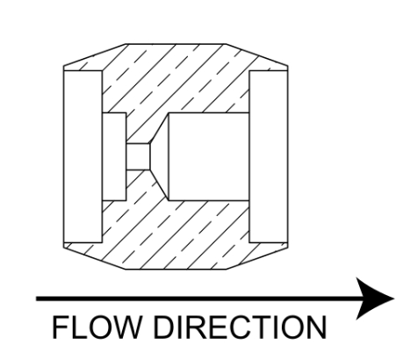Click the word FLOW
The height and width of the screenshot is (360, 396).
click(96, 327)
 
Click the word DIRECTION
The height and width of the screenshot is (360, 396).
click(240, 327)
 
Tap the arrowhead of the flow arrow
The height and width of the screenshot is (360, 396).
click(375, 299)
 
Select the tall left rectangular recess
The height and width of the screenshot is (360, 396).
click(83, 156)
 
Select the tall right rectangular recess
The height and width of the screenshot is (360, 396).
click(269, 156)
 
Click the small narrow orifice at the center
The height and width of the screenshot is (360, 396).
click(138, 156)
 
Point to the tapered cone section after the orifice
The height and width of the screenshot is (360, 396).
click(160, 156)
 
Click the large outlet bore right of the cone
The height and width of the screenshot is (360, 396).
click(209, 156)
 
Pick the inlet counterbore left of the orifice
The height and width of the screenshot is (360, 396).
click(114, 156)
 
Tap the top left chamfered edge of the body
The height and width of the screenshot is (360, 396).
click(95, 54)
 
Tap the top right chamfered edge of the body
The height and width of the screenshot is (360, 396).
click(256, 54)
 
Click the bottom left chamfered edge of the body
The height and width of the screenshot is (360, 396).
click(95, 258)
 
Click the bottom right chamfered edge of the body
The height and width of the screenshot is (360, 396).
click(257, 258)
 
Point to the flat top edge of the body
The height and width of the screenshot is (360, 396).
click(176, 44)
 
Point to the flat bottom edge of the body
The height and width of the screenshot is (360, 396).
click(176, 269)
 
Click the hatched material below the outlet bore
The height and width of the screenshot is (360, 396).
click(191, 234)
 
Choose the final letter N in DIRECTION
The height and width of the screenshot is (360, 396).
click(317, 327)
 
